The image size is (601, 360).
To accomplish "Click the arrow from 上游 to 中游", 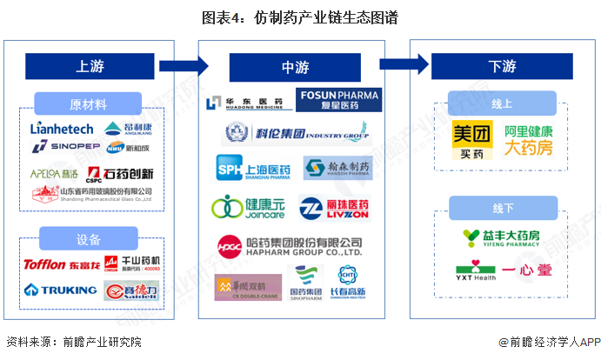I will [x=183, y=65].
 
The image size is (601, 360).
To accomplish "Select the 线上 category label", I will [x=503, y=103].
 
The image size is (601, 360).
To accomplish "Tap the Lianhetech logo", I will [x=61, y=129].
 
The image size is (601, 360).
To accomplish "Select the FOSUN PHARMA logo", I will [x=338, y=100].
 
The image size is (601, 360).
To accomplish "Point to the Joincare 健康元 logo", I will [x=246, y=208].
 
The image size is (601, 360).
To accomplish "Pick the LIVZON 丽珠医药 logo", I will [x=337, y=208].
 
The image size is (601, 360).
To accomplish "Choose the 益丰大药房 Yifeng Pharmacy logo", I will [x=504, y=237].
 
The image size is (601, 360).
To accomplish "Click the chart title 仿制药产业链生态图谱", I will [x=300, y=17].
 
